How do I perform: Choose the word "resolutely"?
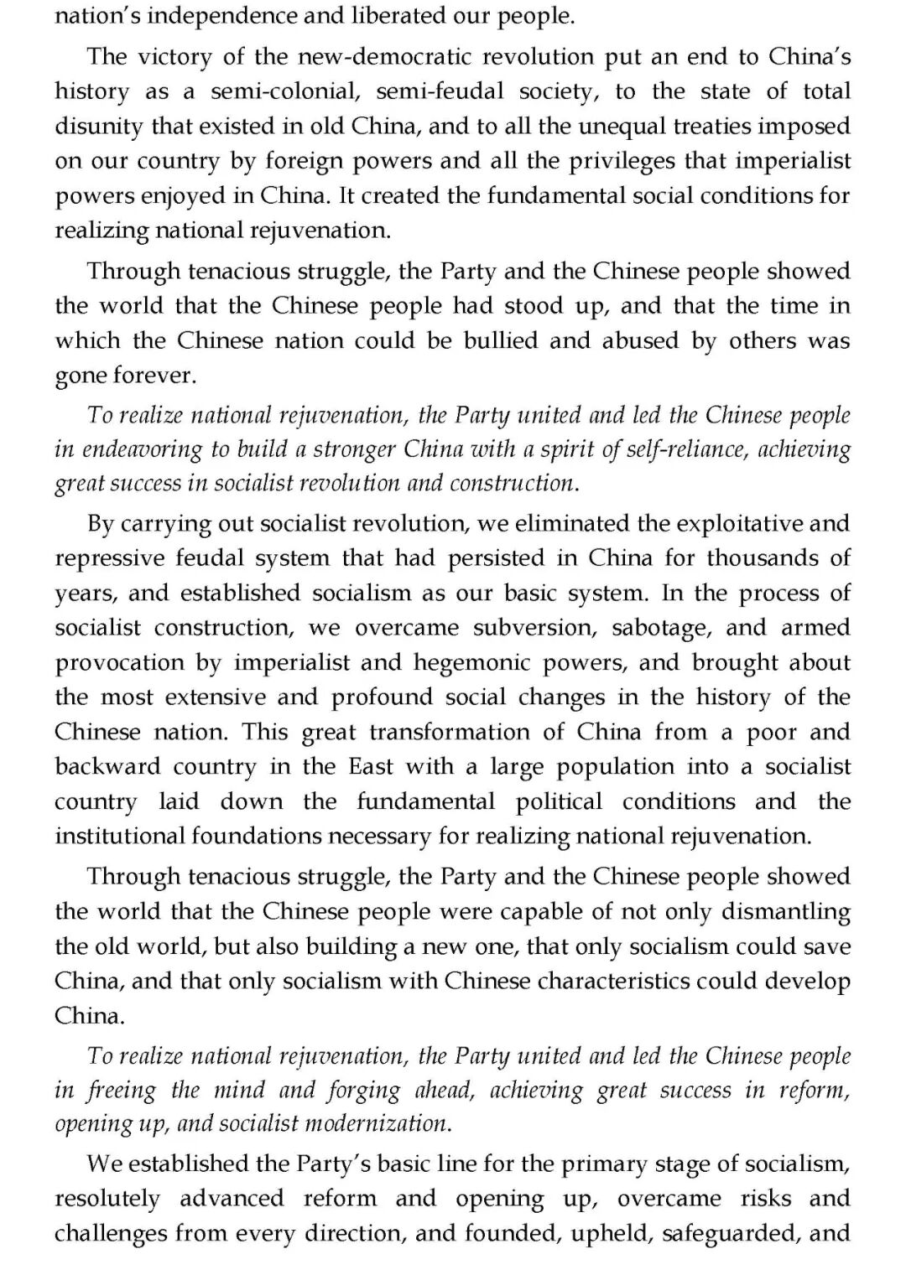tap(107, 1199)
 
